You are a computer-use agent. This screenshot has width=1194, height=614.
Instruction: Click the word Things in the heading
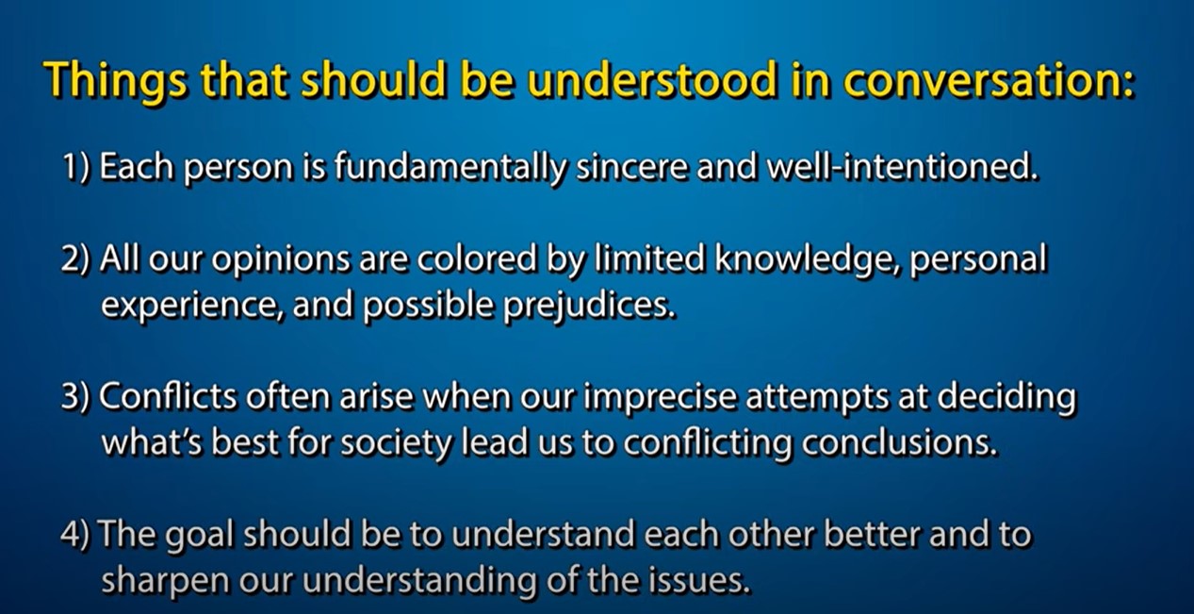(117, 81)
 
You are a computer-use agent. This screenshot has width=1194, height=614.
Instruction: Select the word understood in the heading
(652, 79)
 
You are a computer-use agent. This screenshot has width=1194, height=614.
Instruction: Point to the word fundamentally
(450, 167)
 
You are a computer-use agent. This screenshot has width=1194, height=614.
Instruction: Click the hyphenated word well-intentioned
(903, 167)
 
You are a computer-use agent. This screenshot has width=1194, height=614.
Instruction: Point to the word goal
(199, 536)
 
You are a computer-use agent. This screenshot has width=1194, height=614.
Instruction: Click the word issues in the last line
(698, 580)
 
